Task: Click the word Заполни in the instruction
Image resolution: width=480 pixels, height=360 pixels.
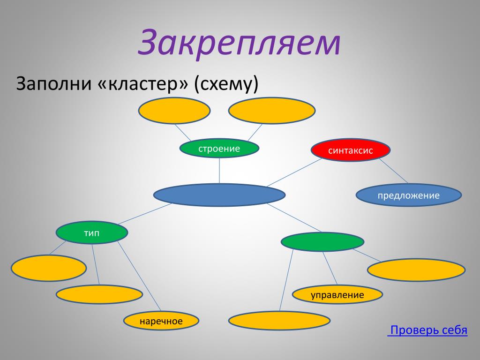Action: (x=54, y=83)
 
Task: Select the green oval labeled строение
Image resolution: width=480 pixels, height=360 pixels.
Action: (x=219, y=149)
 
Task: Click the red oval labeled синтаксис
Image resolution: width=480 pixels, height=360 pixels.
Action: (x=351, y=150)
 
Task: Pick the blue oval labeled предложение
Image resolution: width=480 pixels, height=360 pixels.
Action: (x=409, y=195)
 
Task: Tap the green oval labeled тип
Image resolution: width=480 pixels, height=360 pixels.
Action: (x=92, y=232)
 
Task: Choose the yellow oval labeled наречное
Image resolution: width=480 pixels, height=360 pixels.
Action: (x=161, y=321)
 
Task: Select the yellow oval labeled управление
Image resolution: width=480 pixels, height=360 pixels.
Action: (x=337, y=294)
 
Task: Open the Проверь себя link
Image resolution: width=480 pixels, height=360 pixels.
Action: (x=427, y=330)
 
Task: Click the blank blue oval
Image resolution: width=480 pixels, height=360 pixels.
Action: (x=219, y=195)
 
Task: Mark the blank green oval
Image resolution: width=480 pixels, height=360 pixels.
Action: (x=322, y=242)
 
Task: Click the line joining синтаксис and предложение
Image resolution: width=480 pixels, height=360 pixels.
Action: (x=394, y=171)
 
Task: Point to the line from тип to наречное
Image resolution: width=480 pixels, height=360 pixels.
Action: (x=139, y=276)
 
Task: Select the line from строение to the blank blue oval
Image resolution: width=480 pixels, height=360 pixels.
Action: (x=219, y=171)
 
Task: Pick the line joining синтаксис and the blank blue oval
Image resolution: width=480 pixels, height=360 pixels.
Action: (x=294, y=172)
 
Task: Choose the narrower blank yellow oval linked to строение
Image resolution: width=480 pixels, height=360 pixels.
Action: (x=174, y=111)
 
